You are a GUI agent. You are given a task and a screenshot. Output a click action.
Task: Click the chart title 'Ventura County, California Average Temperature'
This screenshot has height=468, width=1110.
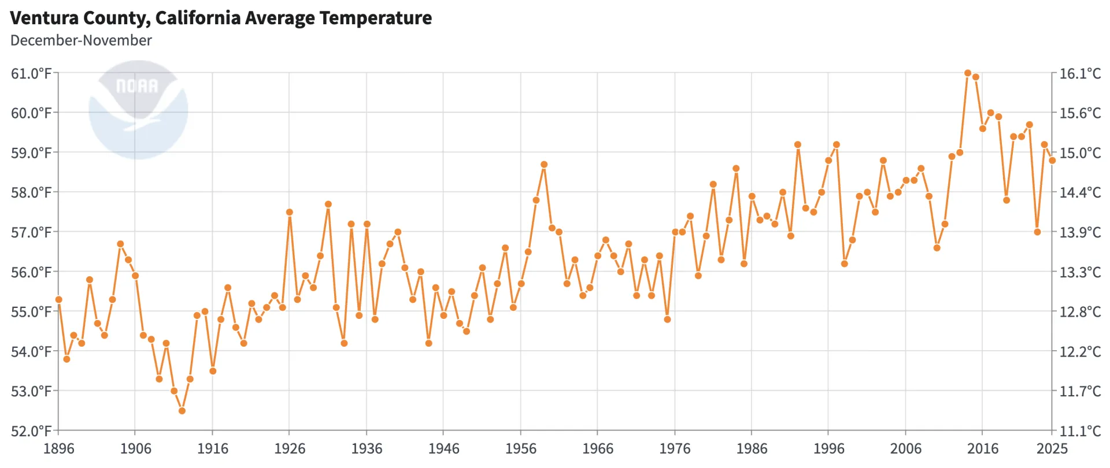(x=221, y=18)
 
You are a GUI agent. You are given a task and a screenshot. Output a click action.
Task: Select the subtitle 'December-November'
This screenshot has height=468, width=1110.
(x=81, y=40)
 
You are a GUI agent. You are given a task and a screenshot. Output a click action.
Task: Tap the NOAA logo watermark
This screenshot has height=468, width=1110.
(x=138, y=110)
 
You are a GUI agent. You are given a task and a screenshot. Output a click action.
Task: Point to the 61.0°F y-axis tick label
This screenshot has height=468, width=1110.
(x=31, y=73)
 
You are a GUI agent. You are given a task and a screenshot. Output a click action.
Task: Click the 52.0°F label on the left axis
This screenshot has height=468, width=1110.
(x=31, y=431)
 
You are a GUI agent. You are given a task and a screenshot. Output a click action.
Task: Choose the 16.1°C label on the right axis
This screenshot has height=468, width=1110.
(x=1079, y=73)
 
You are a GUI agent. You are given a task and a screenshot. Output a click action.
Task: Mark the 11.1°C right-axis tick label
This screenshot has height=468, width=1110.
(x=1079, y=431)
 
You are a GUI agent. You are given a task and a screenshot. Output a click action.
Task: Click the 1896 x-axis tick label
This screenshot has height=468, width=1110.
(x=58, y=449)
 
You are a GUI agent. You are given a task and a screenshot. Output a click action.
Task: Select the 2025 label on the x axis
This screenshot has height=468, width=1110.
(x=1052, y=449)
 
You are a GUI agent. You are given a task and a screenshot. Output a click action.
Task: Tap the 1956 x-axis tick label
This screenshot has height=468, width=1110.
(x=520, y=449)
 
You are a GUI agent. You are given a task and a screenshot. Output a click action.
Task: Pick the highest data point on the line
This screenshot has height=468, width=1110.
(x=968, y=73)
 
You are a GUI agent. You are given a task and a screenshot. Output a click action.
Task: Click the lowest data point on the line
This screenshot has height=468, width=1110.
(x=182, y=411)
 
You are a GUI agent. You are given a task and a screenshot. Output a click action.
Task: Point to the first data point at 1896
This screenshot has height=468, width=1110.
(x=58, y=299)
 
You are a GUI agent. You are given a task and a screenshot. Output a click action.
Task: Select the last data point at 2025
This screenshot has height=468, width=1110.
(x=1052, y=161)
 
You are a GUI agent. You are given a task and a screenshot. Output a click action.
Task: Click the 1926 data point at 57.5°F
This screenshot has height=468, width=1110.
(x=290, y=212)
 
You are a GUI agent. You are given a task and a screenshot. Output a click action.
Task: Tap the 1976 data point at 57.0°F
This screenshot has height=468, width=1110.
(x=675, y=232)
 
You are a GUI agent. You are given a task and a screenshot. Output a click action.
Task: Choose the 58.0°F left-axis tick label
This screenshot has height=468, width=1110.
(x=31, y=192)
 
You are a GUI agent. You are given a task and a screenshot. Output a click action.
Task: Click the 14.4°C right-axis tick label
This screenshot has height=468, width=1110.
(x=1079, y=192)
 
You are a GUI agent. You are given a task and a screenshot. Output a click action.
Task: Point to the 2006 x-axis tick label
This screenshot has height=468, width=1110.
(x=905, y=449)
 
